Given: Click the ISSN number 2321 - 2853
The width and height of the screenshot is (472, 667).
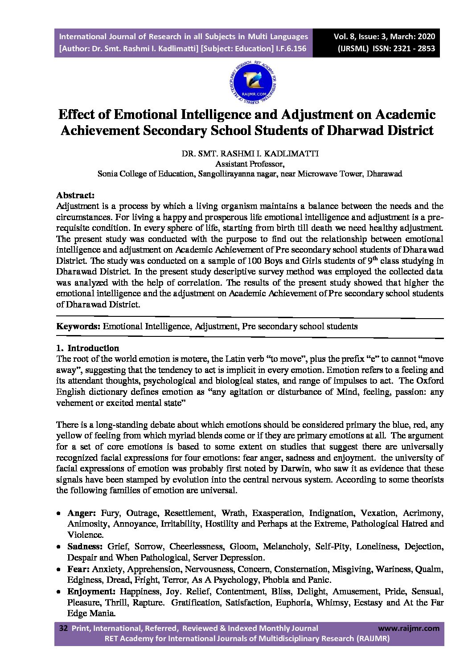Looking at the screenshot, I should [413, 49].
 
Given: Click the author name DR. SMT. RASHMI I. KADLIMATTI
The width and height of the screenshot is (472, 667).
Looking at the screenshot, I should [250, 154].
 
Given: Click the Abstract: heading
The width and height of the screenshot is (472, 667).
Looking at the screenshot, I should [75, 195].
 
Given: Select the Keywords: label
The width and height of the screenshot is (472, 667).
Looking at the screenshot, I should [78, 326].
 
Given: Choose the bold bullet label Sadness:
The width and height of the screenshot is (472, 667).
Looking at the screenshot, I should [85, 546].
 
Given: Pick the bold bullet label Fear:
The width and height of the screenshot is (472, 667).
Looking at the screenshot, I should [78, 569].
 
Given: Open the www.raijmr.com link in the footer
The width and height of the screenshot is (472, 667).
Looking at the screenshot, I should [408, 628].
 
